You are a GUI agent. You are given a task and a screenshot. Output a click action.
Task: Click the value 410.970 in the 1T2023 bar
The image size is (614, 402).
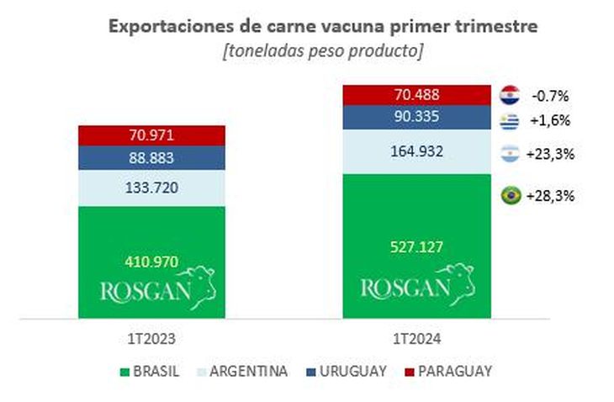tap(151, 261)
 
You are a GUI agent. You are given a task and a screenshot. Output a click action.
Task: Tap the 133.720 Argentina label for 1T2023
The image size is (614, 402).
tap(151, 188)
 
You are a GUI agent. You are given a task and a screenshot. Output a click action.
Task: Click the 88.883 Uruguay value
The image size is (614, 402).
tap(151, 158)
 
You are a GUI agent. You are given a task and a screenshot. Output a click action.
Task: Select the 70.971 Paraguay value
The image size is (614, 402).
tap(151, 135)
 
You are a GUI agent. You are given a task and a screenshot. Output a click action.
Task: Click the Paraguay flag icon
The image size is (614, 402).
tap(509, 93)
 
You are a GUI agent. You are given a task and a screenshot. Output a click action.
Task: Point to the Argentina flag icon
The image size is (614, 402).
tap(509, 154)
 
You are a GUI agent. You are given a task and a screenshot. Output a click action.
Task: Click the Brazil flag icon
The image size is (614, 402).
tap(509, 195)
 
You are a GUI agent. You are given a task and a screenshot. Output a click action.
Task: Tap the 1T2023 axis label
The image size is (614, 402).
tap(151, 341)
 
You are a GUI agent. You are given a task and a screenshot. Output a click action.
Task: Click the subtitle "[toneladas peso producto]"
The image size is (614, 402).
tap(322, 50)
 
